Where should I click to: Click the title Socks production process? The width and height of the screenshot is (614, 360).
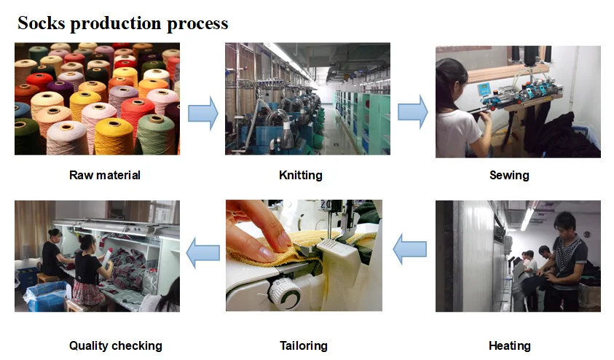(x=122, y=23)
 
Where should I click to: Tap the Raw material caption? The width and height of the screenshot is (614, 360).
(x=105, y=175)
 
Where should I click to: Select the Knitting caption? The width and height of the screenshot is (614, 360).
(x=300, y=175)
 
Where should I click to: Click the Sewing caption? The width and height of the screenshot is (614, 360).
(x=509, y=175)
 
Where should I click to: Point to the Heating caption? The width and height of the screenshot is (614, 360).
(x=509, y=345)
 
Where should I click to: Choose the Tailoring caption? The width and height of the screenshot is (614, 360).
(x=303, y=345)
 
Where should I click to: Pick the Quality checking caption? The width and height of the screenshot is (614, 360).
(x=115, y=345)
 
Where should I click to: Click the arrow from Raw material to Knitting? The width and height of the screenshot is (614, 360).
(x=203, y=113)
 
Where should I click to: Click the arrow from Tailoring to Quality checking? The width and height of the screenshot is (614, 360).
(x=203, y=252)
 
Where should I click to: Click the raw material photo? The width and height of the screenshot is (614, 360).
(x=97, y=99)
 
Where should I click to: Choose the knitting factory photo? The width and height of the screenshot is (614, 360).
(x=307, y=99)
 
